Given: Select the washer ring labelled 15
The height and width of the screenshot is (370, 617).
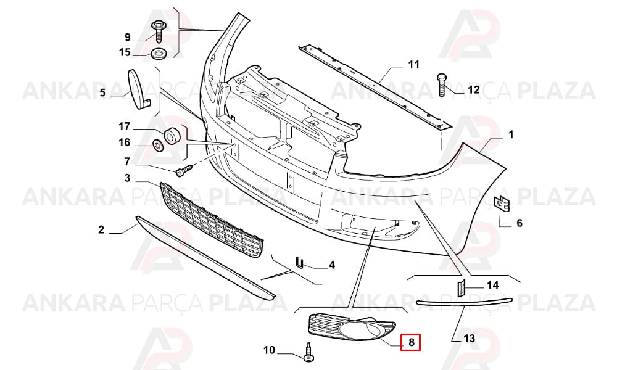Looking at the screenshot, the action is click(x=159, y=53).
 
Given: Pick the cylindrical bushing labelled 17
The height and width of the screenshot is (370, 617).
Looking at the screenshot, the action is click(x=172, y=136).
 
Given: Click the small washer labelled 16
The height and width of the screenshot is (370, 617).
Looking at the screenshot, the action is click(x=159, y=146).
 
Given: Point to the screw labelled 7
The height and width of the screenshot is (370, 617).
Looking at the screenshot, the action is click(x=184, y=170).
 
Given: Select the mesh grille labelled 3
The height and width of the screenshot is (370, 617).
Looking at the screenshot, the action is click(x=212, y=220).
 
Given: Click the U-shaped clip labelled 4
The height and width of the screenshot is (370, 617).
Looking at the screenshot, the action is click(x=299, y=262).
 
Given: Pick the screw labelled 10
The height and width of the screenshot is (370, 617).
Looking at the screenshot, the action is click(x=308, y=352).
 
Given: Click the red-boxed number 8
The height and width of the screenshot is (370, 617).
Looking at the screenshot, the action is click(x=411, y=342).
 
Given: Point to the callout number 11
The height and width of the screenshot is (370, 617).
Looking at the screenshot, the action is click(x=413, y=64).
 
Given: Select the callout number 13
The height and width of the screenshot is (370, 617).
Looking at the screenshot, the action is click(x=469, y=338).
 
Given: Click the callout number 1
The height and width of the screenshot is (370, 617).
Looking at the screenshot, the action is click(x=511, y=135).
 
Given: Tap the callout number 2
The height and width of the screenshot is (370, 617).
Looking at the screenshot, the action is click(x=101, y=229).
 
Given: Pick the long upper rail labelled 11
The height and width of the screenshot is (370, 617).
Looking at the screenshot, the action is click(x=375, y=86).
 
